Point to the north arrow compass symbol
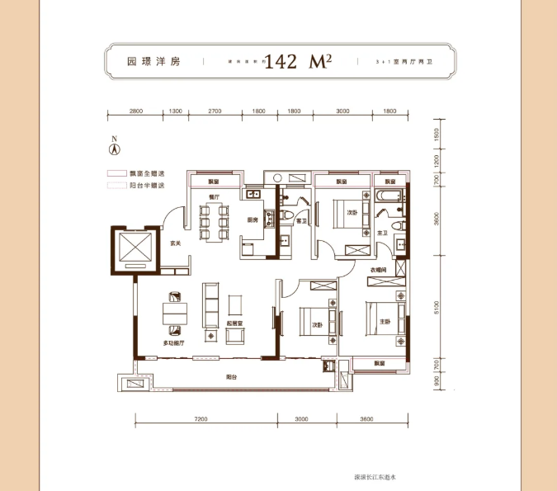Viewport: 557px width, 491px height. [116, 149]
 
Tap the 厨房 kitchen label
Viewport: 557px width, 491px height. [253, 220]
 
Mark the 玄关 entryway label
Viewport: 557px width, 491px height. [175, 243]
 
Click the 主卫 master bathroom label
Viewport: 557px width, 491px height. [383, 234]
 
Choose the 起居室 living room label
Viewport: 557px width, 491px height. [234, 324]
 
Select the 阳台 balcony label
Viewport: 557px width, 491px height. [234, 376]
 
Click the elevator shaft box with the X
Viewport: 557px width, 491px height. [136, 247]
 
